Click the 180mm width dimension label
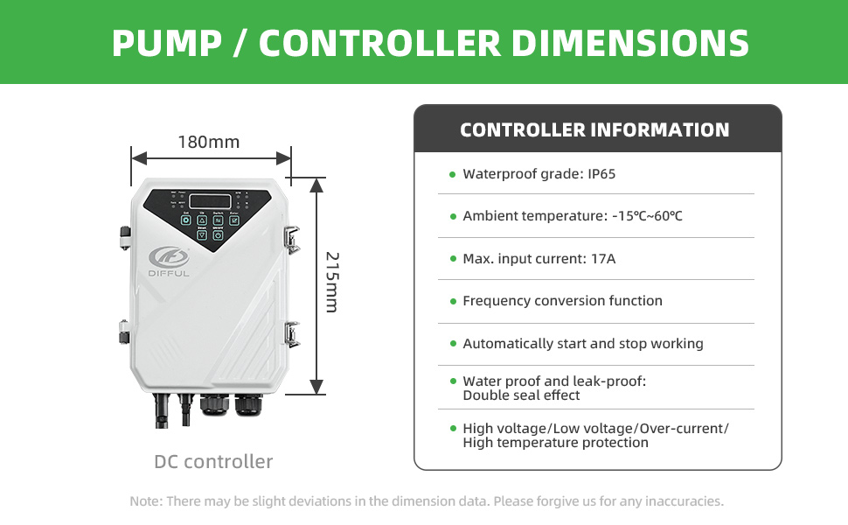tap(208, 142)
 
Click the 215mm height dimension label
tap(331, 282)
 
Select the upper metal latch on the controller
tap(291, 236)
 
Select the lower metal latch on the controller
tap(291, 333)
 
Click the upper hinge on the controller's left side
tap(124, 237)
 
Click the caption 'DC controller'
tap(213, 461)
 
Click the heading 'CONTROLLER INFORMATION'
tap(594, 130)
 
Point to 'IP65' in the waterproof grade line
tap(601, 174)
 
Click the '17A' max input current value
tap(602, 259)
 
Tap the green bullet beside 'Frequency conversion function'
tap(452, 302)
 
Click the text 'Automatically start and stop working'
tap(583, 344)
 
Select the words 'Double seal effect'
tap(521, 395)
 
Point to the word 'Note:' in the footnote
tap(145, 502)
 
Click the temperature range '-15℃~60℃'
tap(648, 216)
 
